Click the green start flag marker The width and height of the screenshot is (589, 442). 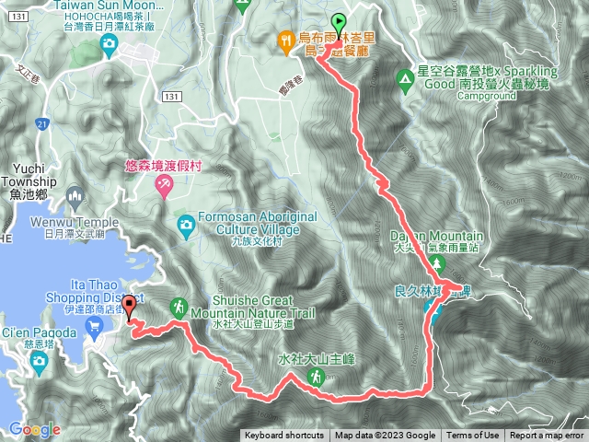(x=339, y=24)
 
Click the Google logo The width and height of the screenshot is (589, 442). (x=34, y=428)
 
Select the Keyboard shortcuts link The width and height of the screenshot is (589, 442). (x=284, y=436)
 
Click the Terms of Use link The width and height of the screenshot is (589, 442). (x=473, y=436)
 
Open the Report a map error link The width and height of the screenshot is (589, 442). (x=547, y=436)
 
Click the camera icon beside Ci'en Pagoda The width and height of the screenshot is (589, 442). (x=38, y=358)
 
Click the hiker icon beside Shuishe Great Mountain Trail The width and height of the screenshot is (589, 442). (x=178, y=306)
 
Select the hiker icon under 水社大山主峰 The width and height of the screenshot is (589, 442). (x=316, y=377)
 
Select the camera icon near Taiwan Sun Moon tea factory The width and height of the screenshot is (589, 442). (x=109, y=42)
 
